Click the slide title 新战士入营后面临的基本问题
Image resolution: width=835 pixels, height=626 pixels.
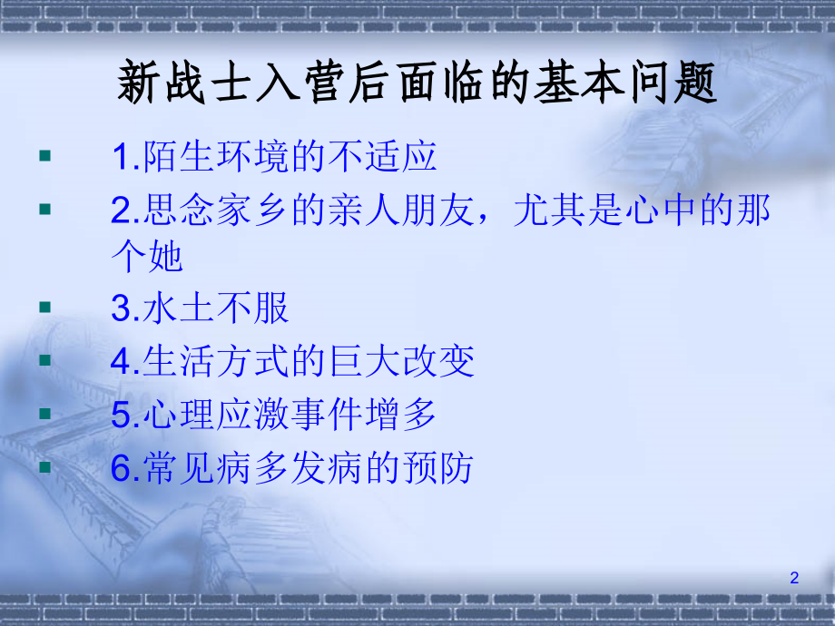[x=417, y=83]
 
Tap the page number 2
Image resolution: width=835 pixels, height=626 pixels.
[x=794, y=578]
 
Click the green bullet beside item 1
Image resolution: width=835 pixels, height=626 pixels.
[x=45, y=155]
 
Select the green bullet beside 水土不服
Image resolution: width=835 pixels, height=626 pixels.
[x=45, y=308]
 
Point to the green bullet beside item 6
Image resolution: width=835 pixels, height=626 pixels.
[x=45, y=467]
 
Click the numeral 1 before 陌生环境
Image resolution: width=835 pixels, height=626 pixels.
[x=122, y=157]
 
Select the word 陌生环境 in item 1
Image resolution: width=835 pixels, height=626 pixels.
[x=216, y=156]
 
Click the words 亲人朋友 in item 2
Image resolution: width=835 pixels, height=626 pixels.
[x=401, y=210]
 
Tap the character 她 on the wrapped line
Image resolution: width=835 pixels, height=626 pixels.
[x=166, y=256]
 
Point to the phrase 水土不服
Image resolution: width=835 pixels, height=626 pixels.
[x=216, y=308]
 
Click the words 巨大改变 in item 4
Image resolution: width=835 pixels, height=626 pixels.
[x=401, y=361]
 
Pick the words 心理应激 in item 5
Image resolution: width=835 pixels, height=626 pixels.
[x=216, y=415]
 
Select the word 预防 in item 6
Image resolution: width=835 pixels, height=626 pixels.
[x=437, y=468]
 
